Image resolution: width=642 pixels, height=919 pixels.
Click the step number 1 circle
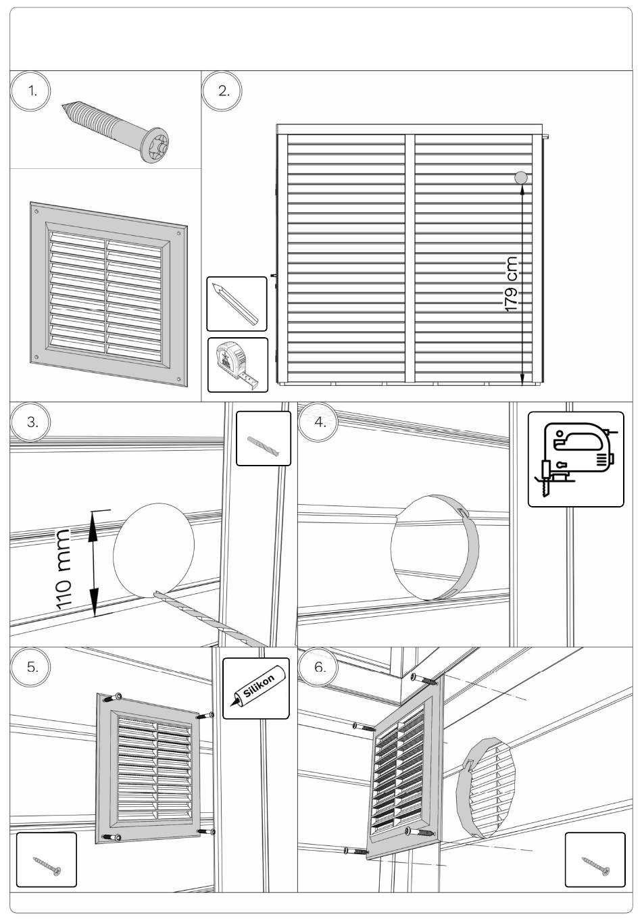(x=29, y=91)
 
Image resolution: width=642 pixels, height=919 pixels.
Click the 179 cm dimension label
(x=512, y=284)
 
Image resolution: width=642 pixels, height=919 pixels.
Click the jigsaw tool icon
(x=575, y=459)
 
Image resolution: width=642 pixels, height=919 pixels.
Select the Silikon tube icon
(x=255, y=688)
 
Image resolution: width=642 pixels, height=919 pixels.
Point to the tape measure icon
(x=237, y=365)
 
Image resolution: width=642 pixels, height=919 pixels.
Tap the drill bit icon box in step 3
(x=264, y=439)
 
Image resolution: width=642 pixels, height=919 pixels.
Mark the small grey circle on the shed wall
(x=521, y=178)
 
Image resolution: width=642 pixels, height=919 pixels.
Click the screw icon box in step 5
(x=46, y=860)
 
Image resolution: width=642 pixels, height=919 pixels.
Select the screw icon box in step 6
(x=595, y=860)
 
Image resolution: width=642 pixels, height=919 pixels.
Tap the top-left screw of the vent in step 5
(x=118, y=696)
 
